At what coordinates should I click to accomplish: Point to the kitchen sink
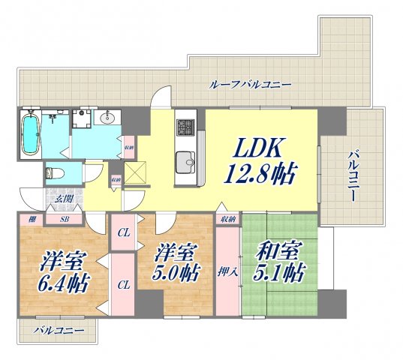tap(185, 159)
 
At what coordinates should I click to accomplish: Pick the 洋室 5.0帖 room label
tap(177, 263)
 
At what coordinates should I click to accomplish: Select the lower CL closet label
tap(122, 285)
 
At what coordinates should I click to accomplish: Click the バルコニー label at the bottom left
tap(57, 328)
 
